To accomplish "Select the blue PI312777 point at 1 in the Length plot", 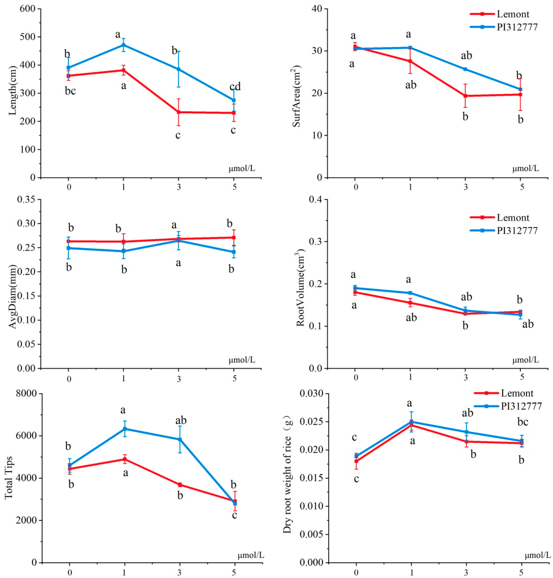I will (x=124, y=45).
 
